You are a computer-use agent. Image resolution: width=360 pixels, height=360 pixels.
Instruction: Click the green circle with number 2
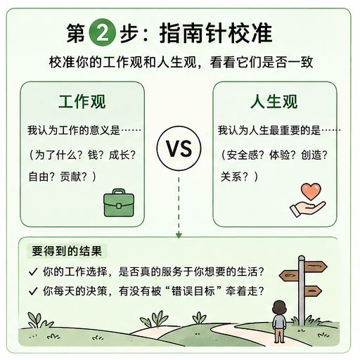point(102,32)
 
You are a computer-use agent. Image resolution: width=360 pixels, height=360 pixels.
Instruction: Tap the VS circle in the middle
point(179,148)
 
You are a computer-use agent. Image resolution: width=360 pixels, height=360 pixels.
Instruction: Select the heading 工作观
point(82,102)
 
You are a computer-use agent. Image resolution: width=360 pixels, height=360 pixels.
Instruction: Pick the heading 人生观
point(274,102)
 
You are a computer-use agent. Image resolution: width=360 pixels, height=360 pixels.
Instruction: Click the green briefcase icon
point(119,202)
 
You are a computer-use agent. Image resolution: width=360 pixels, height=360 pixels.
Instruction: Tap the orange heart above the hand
point(311,191)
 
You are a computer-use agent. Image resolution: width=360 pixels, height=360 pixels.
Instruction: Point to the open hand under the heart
point(307,208)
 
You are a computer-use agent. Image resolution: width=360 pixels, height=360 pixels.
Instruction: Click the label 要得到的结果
point(67,251)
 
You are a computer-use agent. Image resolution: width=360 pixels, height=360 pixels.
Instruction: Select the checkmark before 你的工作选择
point(33,272)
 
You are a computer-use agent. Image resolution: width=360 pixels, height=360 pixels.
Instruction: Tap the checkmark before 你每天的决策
point(33,291)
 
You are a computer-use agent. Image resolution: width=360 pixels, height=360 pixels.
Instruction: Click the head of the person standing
point(280,307)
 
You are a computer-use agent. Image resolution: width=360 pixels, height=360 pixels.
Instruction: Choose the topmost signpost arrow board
point(316,266)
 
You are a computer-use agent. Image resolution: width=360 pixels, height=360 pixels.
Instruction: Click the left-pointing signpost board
point(289,276)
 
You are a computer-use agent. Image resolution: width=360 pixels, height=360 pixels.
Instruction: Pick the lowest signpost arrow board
point(313,291)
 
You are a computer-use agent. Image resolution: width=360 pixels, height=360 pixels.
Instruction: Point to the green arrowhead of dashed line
point(179,235)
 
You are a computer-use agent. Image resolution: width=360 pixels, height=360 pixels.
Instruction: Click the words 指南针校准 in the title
point(216,33)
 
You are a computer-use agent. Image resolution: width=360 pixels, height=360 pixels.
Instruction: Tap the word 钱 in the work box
point(93,155)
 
